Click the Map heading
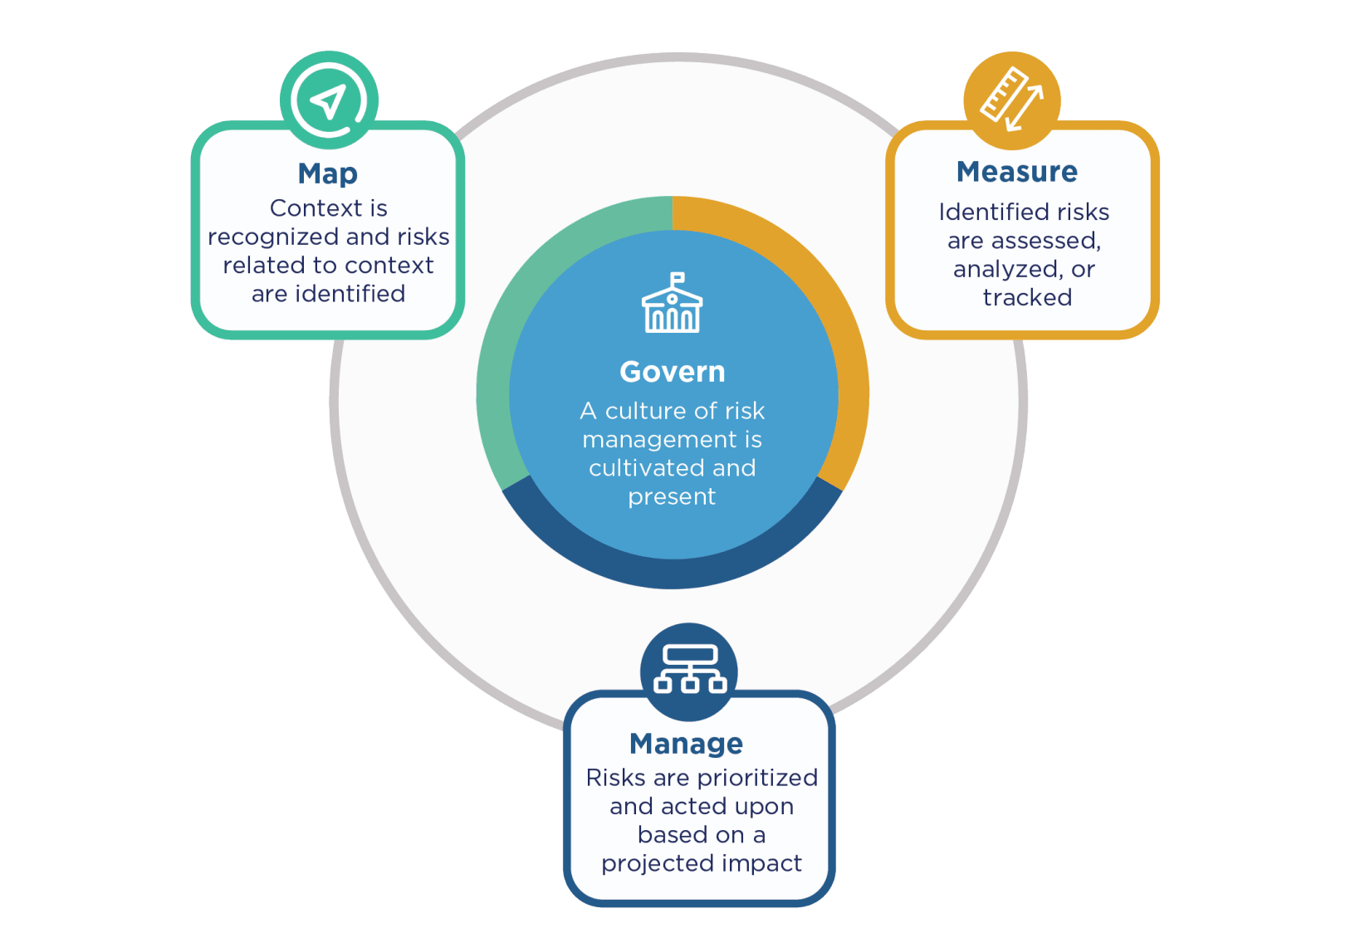click(328, 174)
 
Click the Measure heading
click(1017, 171)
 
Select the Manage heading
click(686, 745)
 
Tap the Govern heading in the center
click(673, 372)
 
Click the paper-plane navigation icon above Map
click(329, 100)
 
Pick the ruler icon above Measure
click(1011, 100)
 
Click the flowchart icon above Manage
click(689, 669)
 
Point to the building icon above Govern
click(673, 302)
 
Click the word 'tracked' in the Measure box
click(1027, 297)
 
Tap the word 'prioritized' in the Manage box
click(757, 778)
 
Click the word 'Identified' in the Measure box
click(985, 212)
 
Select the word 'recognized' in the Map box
click(273, 237)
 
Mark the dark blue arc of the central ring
click(673, 573)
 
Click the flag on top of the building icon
click(677, 278)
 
